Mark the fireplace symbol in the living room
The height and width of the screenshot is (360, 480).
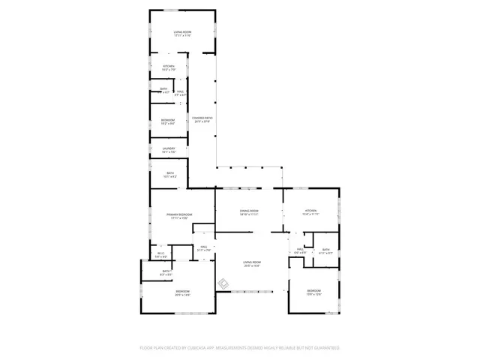[223, 283]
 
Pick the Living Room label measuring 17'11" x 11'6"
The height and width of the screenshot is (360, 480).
[183, 33]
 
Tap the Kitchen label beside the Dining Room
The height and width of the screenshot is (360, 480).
[311, 212]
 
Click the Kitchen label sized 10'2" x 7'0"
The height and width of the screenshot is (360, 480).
[169, 67]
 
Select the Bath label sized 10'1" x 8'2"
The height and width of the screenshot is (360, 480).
[170, 175]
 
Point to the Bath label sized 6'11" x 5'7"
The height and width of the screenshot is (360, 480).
[325, 251]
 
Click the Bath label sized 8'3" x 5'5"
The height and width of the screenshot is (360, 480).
[166, 273]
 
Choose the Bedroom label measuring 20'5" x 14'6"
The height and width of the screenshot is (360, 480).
[183, 292]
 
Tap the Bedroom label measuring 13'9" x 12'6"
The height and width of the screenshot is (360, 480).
[313, 292]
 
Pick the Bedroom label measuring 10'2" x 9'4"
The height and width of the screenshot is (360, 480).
[169, 121]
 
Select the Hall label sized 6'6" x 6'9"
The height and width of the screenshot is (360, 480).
[300, 251]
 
